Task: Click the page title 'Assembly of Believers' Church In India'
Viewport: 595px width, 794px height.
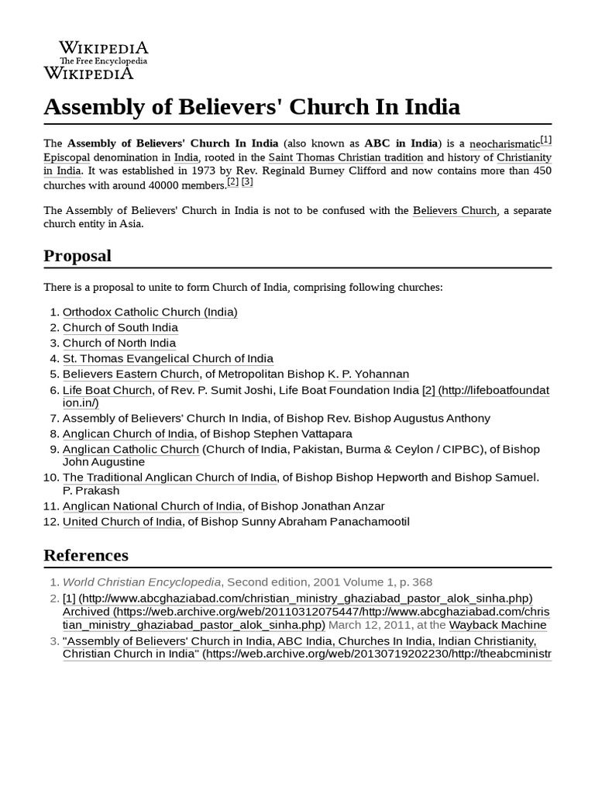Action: click(x=252, y=106)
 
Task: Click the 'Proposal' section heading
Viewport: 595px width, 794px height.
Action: click(x=77, y=256)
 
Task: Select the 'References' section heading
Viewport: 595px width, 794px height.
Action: click(x=86, y=555)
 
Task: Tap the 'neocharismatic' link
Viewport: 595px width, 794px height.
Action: click(x=504, y=144)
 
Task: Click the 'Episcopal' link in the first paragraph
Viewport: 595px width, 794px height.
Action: click(x=67, y=157)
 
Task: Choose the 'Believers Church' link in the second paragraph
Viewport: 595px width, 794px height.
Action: click(x=455, y=210)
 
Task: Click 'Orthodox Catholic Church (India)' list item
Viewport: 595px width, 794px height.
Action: click(x=150, y=312)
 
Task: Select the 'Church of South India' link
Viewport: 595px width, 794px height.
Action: click(x=120, y=327)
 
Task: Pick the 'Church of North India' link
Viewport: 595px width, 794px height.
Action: click(x=119, y=343)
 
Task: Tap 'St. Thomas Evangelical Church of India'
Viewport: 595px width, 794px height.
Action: click(x=167, y=358)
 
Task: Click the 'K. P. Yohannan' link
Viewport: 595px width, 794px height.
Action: click(x=368, y=374)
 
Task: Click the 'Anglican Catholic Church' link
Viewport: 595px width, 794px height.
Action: click(x=130, y=449)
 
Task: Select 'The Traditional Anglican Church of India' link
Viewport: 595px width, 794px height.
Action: click(x=169, y=477)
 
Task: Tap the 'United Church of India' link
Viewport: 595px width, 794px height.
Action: click(x=122, y=522)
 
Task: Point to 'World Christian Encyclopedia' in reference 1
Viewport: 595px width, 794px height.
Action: click(x=142, y=582)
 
